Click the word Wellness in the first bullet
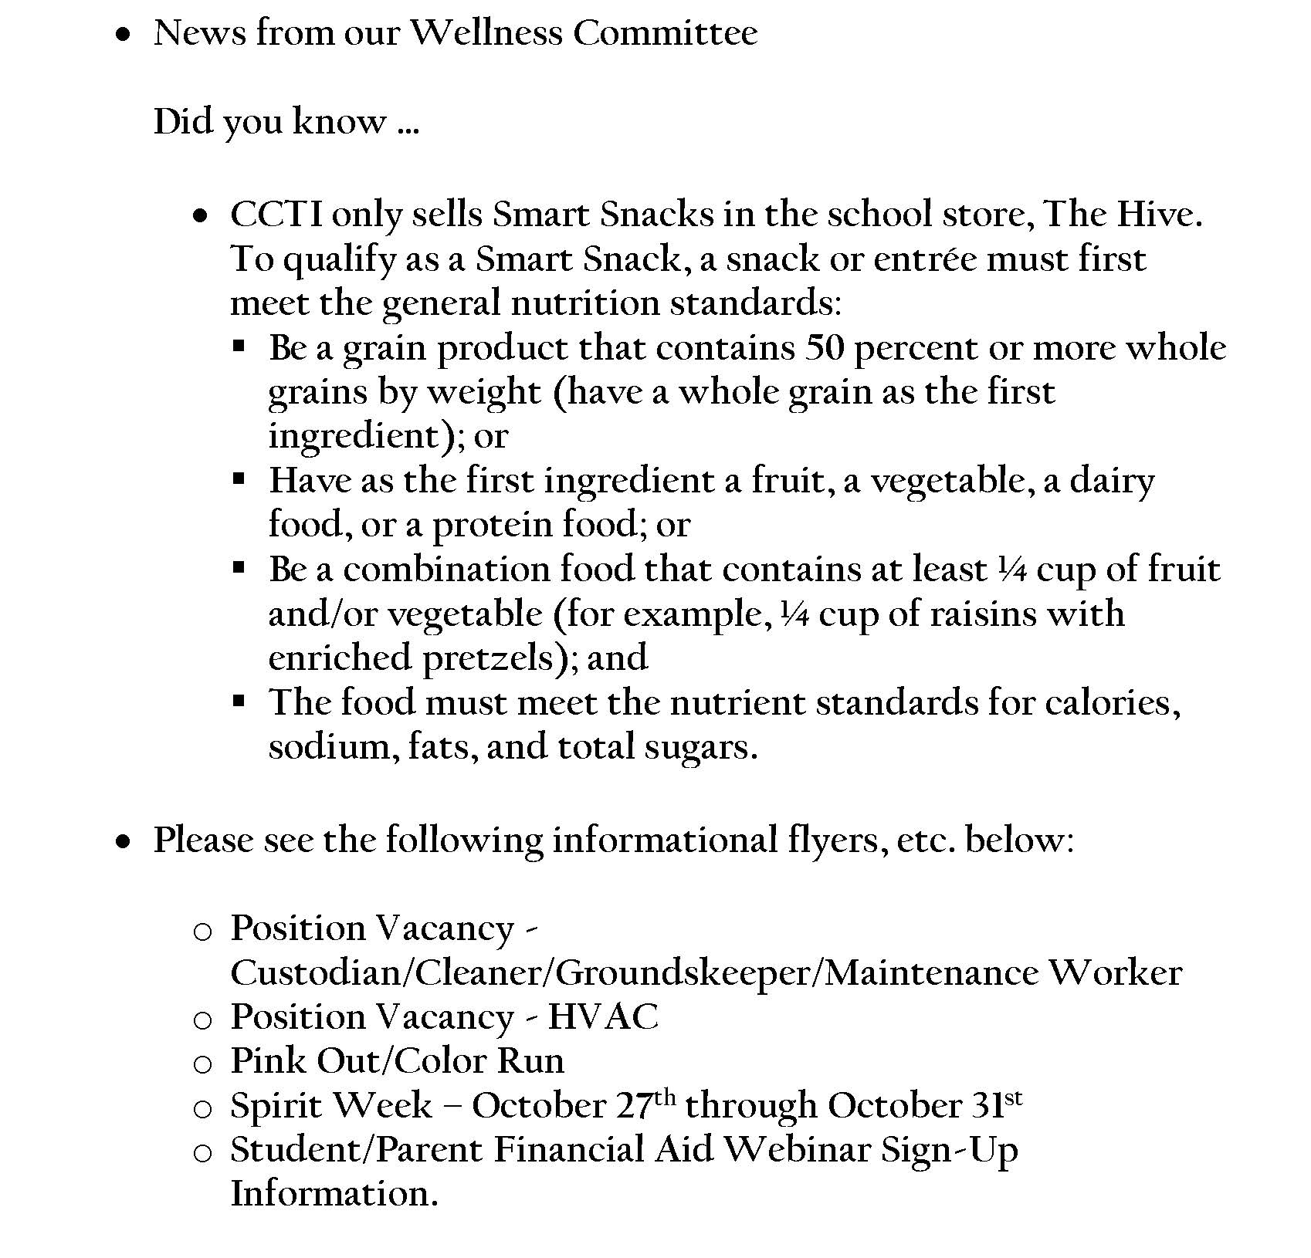(x=485, y=33)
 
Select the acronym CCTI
(x=276, y=215)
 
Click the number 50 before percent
(x=825, y=348)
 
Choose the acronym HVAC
(x=603, y=1017)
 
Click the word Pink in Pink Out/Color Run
(x=268, y=1061)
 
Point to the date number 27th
(x=647, y=1104)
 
